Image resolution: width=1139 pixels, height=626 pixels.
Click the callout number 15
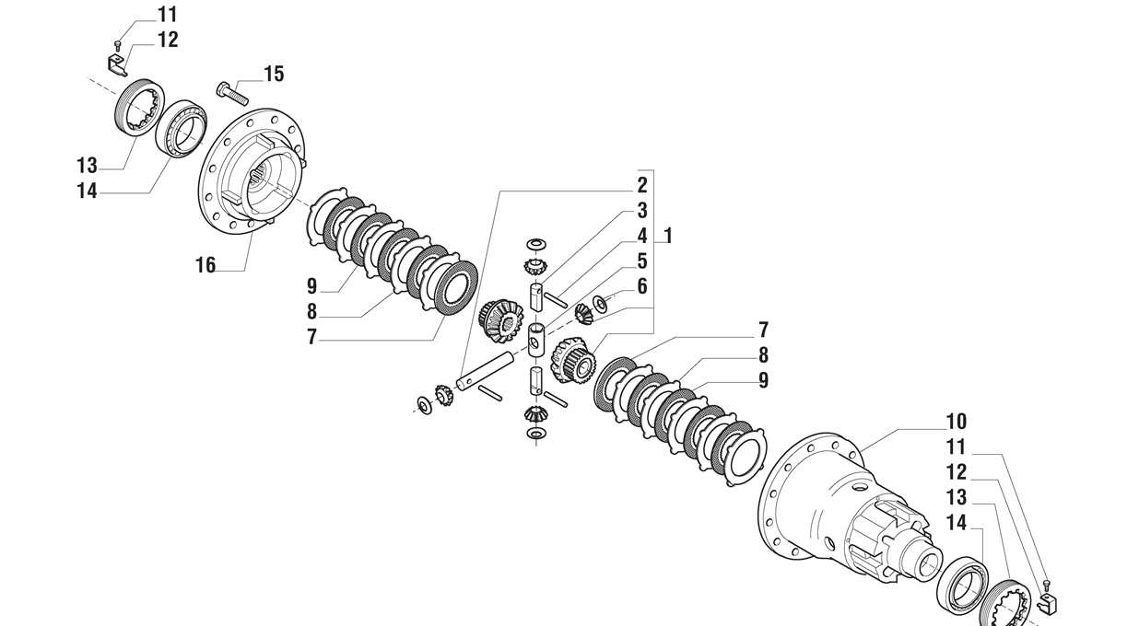click(274, 74)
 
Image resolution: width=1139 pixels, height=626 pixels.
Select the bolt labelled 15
click(232, 92)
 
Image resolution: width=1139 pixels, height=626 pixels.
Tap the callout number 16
click(205, 265)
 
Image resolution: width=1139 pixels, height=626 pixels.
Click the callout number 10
click(957, 422)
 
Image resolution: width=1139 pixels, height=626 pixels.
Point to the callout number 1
click(668, 236)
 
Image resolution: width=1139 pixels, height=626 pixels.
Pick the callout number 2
click(641, 185)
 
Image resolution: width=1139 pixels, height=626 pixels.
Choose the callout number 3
click(641, 211)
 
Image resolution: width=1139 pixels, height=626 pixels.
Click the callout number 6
click(641, 286)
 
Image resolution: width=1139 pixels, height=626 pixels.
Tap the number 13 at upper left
click(87, 166)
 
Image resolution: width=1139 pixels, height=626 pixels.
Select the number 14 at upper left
click(87, 191)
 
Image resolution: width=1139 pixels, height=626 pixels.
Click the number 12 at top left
click(167, 40)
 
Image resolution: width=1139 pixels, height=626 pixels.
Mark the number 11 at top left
click(167, 15)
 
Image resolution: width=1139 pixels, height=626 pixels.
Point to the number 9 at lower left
click(312, 286)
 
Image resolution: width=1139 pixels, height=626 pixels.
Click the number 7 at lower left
click(312, 338)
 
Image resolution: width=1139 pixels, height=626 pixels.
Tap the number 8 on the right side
click(763, 355)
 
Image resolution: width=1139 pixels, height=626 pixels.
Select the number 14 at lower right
click(957, 524)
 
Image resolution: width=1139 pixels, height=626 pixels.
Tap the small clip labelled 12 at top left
click(116, 64)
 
